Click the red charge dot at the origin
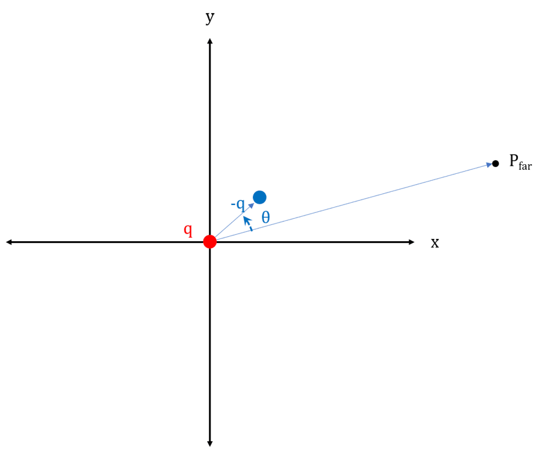(210, 242)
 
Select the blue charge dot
(260, 197)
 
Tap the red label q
(188, 230)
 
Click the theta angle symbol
(265, 217)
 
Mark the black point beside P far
(496, 164)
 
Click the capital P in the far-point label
(513, 161)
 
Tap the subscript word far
(525, 166)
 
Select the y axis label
(210, 18)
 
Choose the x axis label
(435, 243)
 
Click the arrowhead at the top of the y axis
(210, 41)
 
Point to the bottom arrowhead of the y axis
(210, 443)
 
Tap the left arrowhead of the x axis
(9, 242)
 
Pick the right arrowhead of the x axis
(411, 242)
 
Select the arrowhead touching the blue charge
(251, 204)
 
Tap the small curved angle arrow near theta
(247, 223)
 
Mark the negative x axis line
(108, 242)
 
